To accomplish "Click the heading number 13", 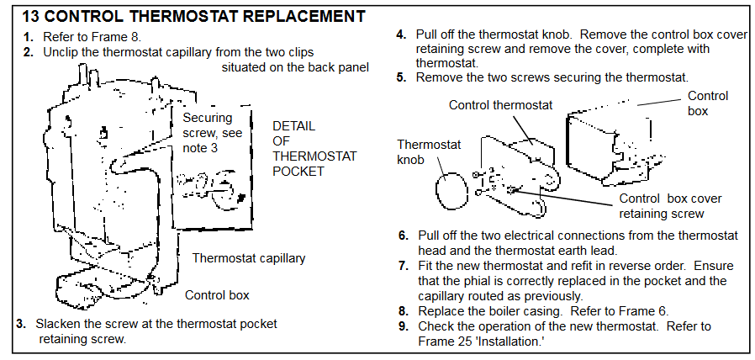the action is pyautogui.click(x=30, y=17).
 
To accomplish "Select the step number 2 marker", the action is pyautogui.click(x=29, y=52).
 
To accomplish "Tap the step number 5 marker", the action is pyautogui.click(x=402, y=77).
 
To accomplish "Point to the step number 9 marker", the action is pyautogui.click(x=404, y=326).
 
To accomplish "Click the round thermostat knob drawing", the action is pyautogui.click(x=451, y=190).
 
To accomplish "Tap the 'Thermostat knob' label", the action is pyautogui.click(x=422, y=151).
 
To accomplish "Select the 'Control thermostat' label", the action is pyautogui.click(x=501, y=104).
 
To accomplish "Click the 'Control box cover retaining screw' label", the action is pyautogui.click(x=670, y=206).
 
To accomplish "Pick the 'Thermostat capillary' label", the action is pyautogui.click(x=249, y=258).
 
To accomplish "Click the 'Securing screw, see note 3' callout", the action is pyautogui.click(x=213, y=133).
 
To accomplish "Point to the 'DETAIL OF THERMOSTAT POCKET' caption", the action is pyautogui.click(x=314, y=149).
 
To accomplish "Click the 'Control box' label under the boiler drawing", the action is pyautogui.click(x=217, y=295).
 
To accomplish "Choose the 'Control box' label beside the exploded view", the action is pyautogui.click(x=707, y=103).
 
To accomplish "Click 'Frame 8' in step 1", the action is pyautogui.click(x=122, y=37).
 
